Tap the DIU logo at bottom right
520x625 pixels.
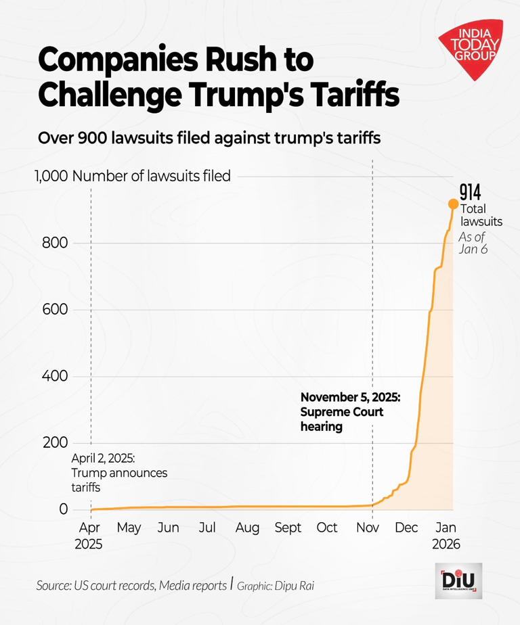click(458, 580)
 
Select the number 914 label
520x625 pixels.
click(470, 191)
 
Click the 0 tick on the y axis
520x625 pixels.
click(64, 509)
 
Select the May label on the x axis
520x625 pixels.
click(129, 528)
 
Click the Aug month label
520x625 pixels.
click(247, 528)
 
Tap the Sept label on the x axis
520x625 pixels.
click(288, 528)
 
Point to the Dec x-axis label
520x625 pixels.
click(407, 528)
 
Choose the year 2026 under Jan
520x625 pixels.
click(446, 544)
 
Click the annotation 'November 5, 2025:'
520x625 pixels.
click(350, 397)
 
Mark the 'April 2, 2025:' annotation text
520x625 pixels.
click(107, 458)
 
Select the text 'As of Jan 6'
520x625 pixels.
click(473, 243)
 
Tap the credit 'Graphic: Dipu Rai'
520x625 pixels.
click(275, 586)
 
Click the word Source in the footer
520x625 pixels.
click(57, 586)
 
